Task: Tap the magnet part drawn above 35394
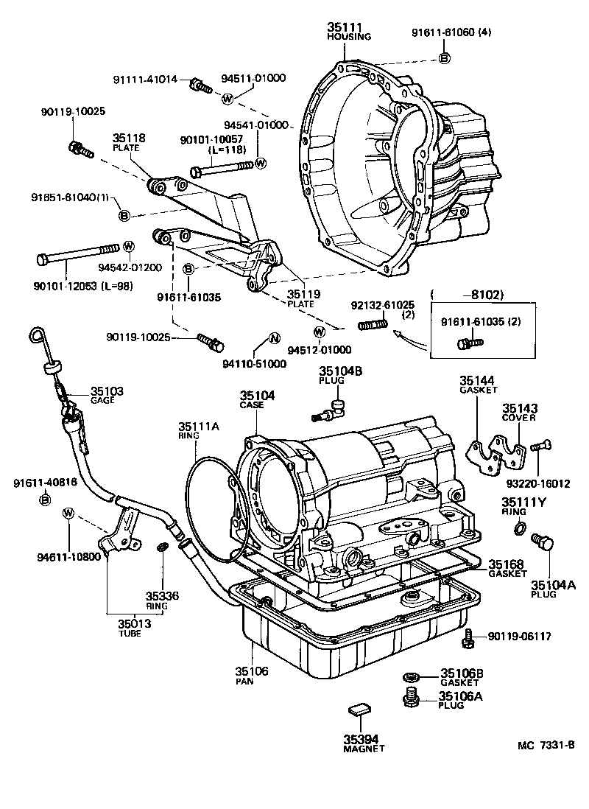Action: [x=358, y=710]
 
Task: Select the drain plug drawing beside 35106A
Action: [x=412, y=695]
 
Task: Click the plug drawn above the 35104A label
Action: [x=546, y=544]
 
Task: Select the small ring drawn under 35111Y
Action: [x=520, y=528]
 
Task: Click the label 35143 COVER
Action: [x=520, y=412]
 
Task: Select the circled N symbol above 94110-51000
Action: [x=272, y=338]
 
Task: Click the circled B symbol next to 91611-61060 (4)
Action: [x=445, y=58]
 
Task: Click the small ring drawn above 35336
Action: [x=163, y=547]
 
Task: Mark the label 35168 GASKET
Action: [x=507, y=568]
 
